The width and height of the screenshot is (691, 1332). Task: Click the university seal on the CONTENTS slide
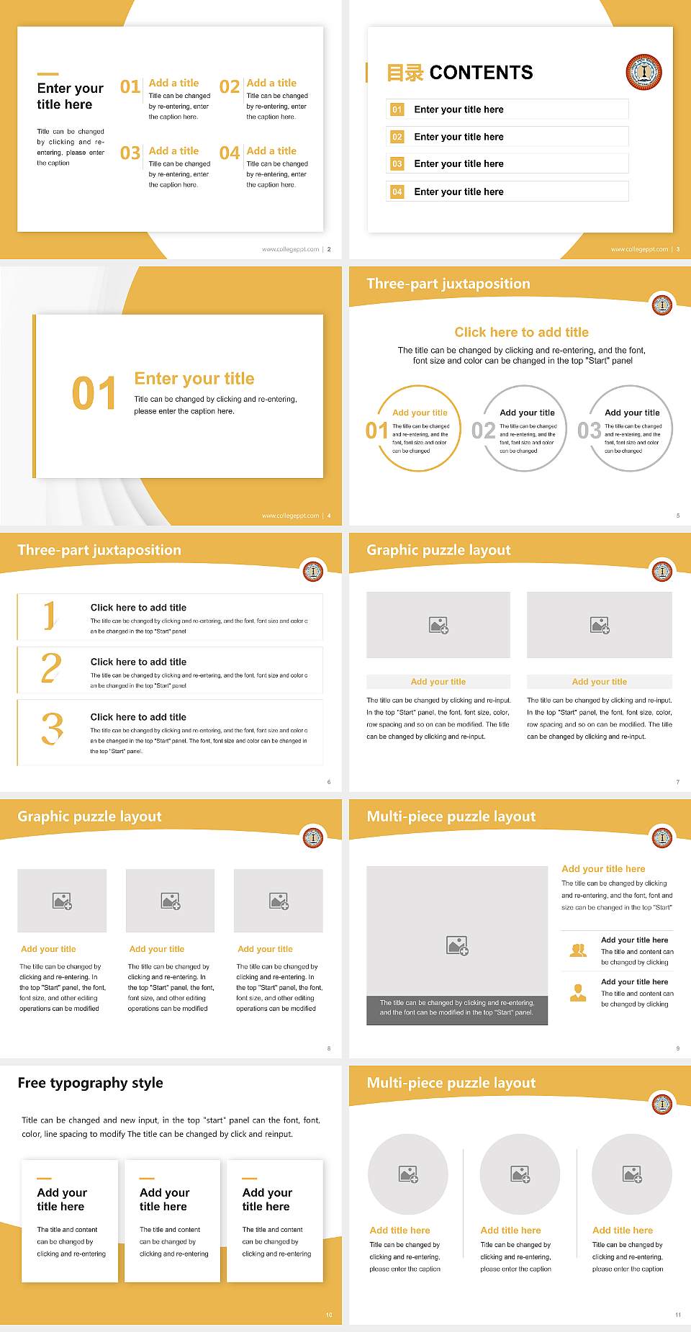tap(643, 71)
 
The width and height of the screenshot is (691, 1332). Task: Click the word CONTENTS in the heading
tap(481, 73)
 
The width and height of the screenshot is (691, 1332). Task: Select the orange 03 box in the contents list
tap(397, 164)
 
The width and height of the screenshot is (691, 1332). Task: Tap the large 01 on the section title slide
tap(94, 394)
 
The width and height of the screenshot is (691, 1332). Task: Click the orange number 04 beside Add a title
tap(230, 153)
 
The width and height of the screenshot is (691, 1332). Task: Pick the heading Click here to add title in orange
tap(521, 332)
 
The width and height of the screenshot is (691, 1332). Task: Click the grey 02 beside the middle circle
tap(483, 431)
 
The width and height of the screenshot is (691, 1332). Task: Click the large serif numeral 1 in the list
tap(49, 616)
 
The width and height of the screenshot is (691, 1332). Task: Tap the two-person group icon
tap(578, 950)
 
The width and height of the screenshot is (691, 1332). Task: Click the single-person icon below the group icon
tap(578, 993)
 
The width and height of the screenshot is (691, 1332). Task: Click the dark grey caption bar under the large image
tap(457, 1007)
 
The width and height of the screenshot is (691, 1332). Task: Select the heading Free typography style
tap(90, 1083)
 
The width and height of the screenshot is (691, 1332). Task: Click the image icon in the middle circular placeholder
tap(520, 1174)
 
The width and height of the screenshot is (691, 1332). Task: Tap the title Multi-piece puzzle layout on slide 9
tap(451, 816)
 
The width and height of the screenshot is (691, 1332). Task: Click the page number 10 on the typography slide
tap(329, 1315)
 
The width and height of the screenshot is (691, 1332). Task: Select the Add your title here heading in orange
tap(602, 869)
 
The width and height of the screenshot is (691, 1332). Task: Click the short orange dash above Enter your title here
tap(48, 73)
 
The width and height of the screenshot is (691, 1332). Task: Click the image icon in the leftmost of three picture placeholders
tap(62, 901)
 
